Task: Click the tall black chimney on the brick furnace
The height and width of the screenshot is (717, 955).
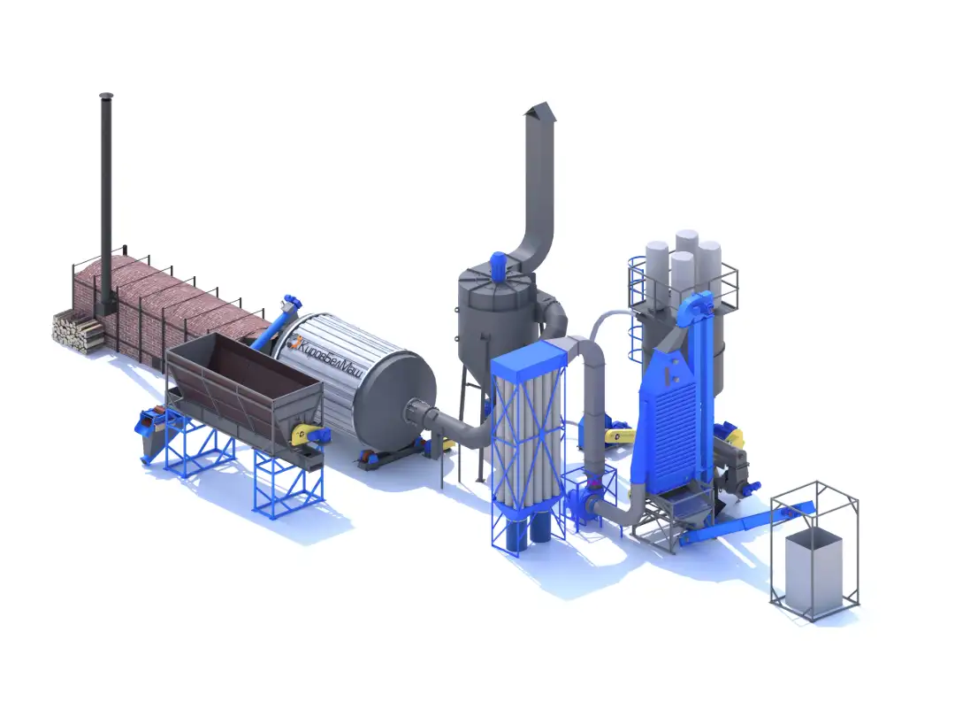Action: [x=107, y=201]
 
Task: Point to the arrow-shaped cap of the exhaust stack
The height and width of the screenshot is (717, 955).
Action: [x=541, y=112]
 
